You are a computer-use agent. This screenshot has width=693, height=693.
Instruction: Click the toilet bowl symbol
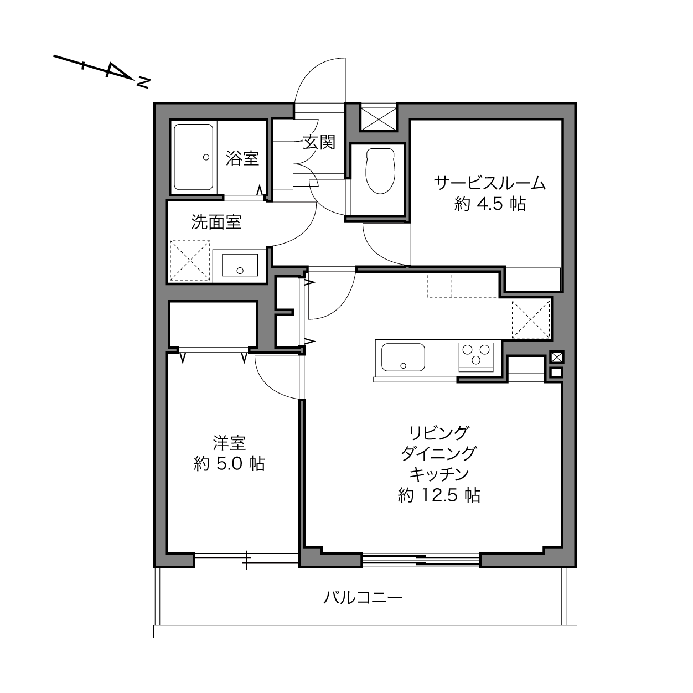(x=380, y=171)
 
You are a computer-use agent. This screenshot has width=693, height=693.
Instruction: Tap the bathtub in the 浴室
(x=194, y=157)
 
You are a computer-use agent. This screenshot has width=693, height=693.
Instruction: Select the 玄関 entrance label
(x=319, y=142)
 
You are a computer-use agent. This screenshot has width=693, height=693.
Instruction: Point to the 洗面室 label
(x=216, y=222)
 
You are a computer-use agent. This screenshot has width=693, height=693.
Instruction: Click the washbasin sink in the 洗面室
(x=240, y=265)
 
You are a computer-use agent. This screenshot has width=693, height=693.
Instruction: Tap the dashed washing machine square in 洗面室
(x=190, y=260)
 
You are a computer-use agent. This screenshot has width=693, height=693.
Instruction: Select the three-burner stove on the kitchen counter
(x=476, y=357)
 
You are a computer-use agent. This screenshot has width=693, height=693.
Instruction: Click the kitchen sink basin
(x=403, y=357)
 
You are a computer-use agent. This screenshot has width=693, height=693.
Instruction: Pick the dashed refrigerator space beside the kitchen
(x=531, y=319)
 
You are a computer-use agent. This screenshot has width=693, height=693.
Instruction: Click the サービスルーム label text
(x=490, y=183)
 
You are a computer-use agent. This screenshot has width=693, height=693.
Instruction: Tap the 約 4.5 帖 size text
(x=490, y=204)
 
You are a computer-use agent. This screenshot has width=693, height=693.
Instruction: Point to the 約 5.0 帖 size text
(x=229, y=463)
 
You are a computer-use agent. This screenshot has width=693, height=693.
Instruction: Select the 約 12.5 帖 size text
(x=439, y=495)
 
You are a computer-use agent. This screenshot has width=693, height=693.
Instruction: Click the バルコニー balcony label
(x=363, y=598)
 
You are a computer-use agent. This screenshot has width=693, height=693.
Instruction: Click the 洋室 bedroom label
(x=229, y=443)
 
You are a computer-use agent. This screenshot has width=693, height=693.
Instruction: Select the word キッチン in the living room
(x=439, y=474)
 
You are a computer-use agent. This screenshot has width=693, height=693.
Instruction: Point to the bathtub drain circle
(x=206, y=157)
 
